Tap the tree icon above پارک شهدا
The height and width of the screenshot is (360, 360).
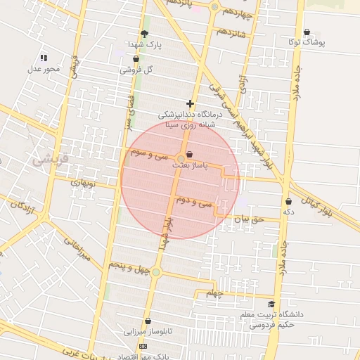coord(145,34)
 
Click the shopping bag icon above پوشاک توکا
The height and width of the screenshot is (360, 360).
coord(307,32)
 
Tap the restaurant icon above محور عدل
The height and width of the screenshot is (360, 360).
coord(44,58)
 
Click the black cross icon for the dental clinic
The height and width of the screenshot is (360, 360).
coord(190,103)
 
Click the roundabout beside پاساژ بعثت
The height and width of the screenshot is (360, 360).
coord(181,157)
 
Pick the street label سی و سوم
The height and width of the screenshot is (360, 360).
coord(147,153)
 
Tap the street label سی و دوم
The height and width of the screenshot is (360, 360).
coord(195,202)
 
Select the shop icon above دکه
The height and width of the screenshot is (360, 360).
coord(288,202)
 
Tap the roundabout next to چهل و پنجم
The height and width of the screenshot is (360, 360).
coord(156,272)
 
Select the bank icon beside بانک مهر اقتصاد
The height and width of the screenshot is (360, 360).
coord(144,347)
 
